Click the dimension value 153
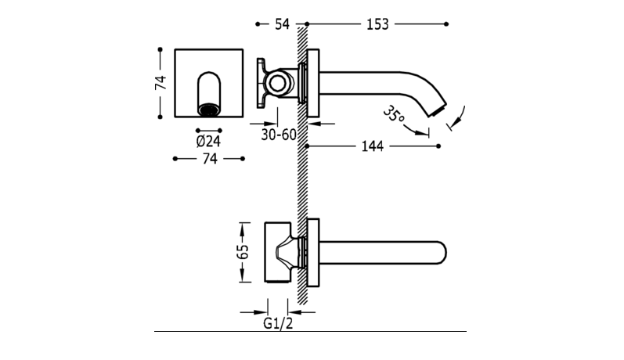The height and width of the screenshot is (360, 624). tap(377, 24)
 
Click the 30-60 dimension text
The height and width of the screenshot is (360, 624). tap(278, 134)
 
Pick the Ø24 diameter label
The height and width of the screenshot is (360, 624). tap(208, 141)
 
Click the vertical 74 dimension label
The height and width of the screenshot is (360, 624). tap(161, 83)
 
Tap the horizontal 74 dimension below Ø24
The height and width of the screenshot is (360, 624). tap(209, 159)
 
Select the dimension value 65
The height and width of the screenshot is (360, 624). tap(243, 253)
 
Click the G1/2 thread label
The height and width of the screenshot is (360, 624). tap(278, 323)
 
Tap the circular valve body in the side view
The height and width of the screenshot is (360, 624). tap(278, 82)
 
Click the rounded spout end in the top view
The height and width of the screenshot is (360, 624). tap(443, 253)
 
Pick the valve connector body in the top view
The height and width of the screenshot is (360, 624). tap(280, 253)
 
